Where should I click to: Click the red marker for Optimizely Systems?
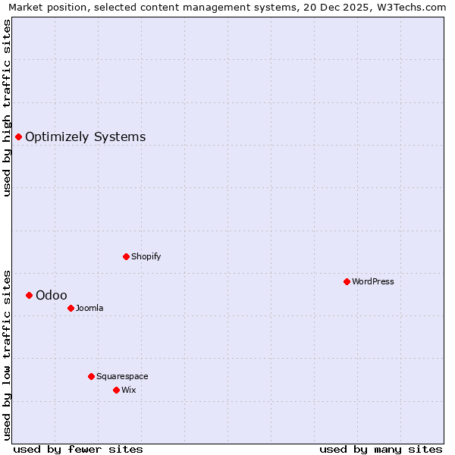click(19, 136)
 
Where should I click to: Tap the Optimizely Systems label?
click(85, 137)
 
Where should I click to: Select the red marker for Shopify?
click(126, 256)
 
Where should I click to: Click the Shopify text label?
click(146, 256)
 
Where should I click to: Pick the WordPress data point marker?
click(347, 281)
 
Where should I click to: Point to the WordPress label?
click(372, 281)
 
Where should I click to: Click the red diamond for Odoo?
click(30, 295)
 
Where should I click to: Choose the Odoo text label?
click(51, 295)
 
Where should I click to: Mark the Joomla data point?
click(71, 308)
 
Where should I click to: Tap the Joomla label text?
click(89, 308)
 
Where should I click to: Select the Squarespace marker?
click(91, 376)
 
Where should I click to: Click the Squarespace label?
click(122, 376)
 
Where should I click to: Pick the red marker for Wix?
click(116, 390)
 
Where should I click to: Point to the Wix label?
click(128, 390)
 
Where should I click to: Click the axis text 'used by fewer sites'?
click(78, 449)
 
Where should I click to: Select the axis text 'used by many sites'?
click(381, 449)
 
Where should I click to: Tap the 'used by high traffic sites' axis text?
click(7, 108)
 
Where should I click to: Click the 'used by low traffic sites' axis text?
click(7, 354)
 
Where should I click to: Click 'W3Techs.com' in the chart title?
click(412, 8)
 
